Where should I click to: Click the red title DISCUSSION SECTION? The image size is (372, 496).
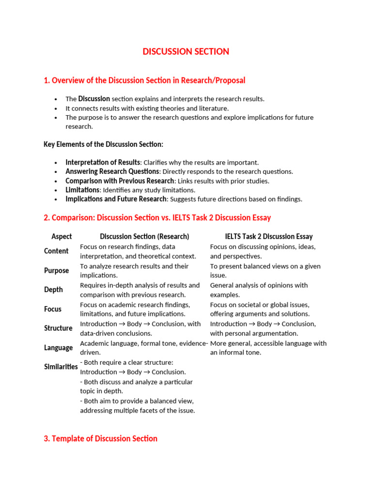186,51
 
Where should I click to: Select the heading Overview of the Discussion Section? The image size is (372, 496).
144,80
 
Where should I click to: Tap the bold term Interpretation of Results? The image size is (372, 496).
103,162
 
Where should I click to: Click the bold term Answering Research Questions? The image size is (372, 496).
112,171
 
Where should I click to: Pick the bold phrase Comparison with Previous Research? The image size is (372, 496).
120,181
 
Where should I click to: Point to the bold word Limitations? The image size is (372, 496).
82,190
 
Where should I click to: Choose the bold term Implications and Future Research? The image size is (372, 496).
116,199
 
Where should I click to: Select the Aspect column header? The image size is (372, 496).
62,236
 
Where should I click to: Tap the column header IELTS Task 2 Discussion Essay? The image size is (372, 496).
269,236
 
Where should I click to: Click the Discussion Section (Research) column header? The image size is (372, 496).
144,236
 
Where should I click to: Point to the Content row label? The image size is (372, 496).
56,251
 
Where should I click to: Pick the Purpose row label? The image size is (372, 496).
57,270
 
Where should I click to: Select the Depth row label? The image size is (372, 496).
53,290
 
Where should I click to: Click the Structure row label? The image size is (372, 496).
58,328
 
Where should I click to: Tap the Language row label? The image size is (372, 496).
58,348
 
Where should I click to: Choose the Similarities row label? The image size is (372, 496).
61,367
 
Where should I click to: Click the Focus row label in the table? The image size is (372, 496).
53,309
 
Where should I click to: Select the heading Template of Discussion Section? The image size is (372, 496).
100,438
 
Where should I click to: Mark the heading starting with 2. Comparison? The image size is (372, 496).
157,217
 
